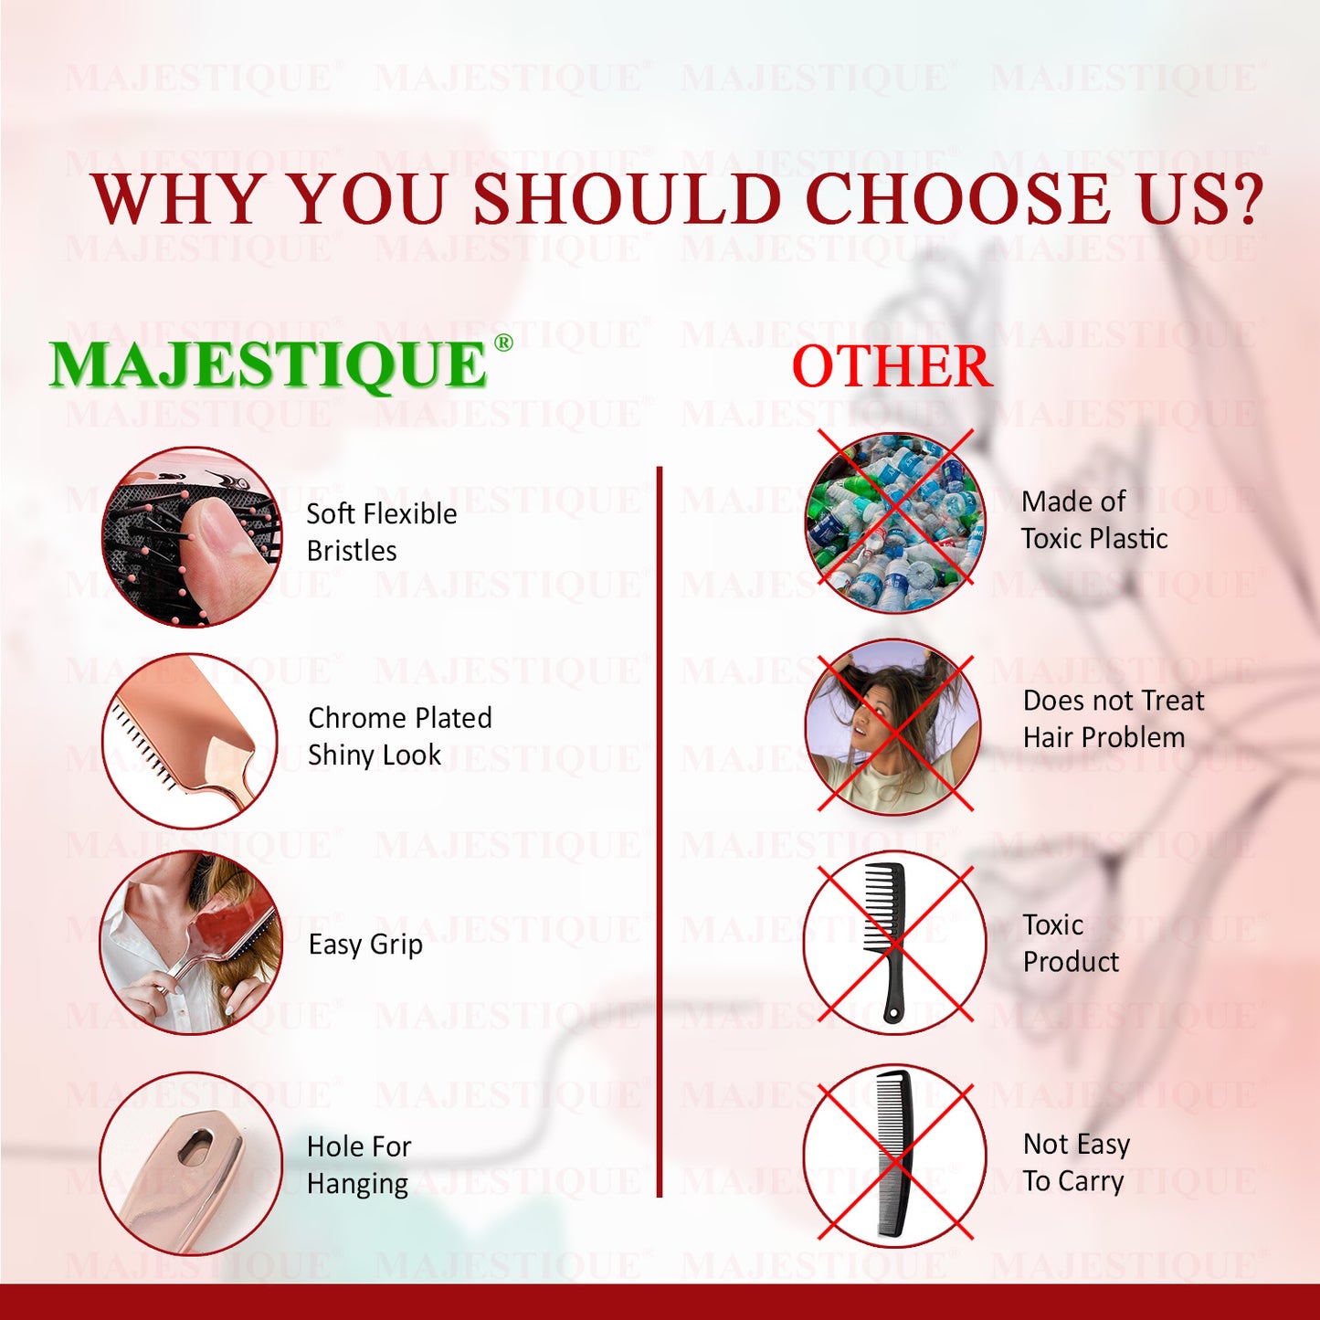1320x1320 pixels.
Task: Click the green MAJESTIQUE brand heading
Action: coord(268,365)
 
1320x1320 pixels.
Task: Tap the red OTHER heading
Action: coord(892,366)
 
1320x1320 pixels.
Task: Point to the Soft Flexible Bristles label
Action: coord(381,533)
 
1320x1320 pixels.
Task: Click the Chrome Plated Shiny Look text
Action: coord(400,736)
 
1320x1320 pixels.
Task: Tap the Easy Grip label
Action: coord(365,945)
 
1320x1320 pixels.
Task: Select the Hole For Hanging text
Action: coord(358,1166)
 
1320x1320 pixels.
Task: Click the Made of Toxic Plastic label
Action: coord(1094,520)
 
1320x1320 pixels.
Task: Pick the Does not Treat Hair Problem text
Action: coord(1114,719)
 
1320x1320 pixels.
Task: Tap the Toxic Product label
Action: coord(1071,944)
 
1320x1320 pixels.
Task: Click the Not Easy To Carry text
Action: coord(1076,1163)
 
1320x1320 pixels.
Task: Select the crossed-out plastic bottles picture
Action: coord(894,522)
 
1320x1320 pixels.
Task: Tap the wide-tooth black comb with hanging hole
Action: coord(885,943)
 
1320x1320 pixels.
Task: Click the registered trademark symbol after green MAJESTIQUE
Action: coord(502,343)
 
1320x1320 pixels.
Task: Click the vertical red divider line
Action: coord(659,832)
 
